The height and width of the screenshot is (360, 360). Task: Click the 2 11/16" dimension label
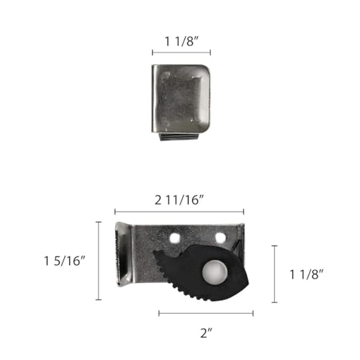(x=179, y=200)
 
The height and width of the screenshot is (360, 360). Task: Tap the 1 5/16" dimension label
(x=65, y=261)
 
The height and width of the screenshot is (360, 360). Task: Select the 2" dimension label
(x=206, y=333)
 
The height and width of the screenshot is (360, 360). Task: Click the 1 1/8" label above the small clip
(x=181, y=42)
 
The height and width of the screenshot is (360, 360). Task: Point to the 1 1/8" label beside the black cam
(x=307, y=274)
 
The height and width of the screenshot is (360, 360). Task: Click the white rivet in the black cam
(x=215, y=273)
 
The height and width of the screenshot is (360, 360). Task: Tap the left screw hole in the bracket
(x=175, y=238)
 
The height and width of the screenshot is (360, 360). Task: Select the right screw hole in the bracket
(x=220, y=238)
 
